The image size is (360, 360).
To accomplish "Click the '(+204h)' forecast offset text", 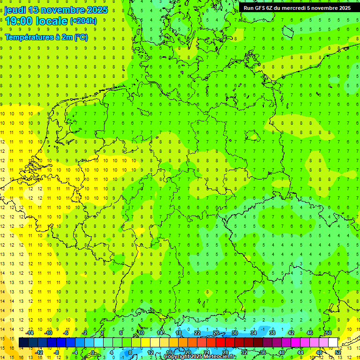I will [x=83, y=21].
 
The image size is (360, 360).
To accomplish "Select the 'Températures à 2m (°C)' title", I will [x=46, y=37].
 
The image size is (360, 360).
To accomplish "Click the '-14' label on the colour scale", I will [x=30, y=333].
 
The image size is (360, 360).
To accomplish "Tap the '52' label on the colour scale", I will [x=337, y=352].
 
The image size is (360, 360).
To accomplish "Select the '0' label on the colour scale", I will [x=93, y=352].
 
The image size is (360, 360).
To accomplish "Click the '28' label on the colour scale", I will [x=225, y=352].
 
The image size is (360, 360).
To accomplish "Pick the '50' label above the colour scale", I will [x=329, y=333].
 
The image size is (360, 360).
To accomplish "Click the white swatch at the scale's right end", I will [x=333, y=343].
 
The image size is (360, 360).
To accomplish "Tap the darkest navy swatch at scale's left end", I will [x=23, y=343].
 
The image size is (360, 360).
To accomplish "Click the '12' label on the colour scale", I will [x=150, y=352].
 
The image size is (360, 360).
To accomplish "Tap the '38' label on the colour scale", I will [x=272, y=333].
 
